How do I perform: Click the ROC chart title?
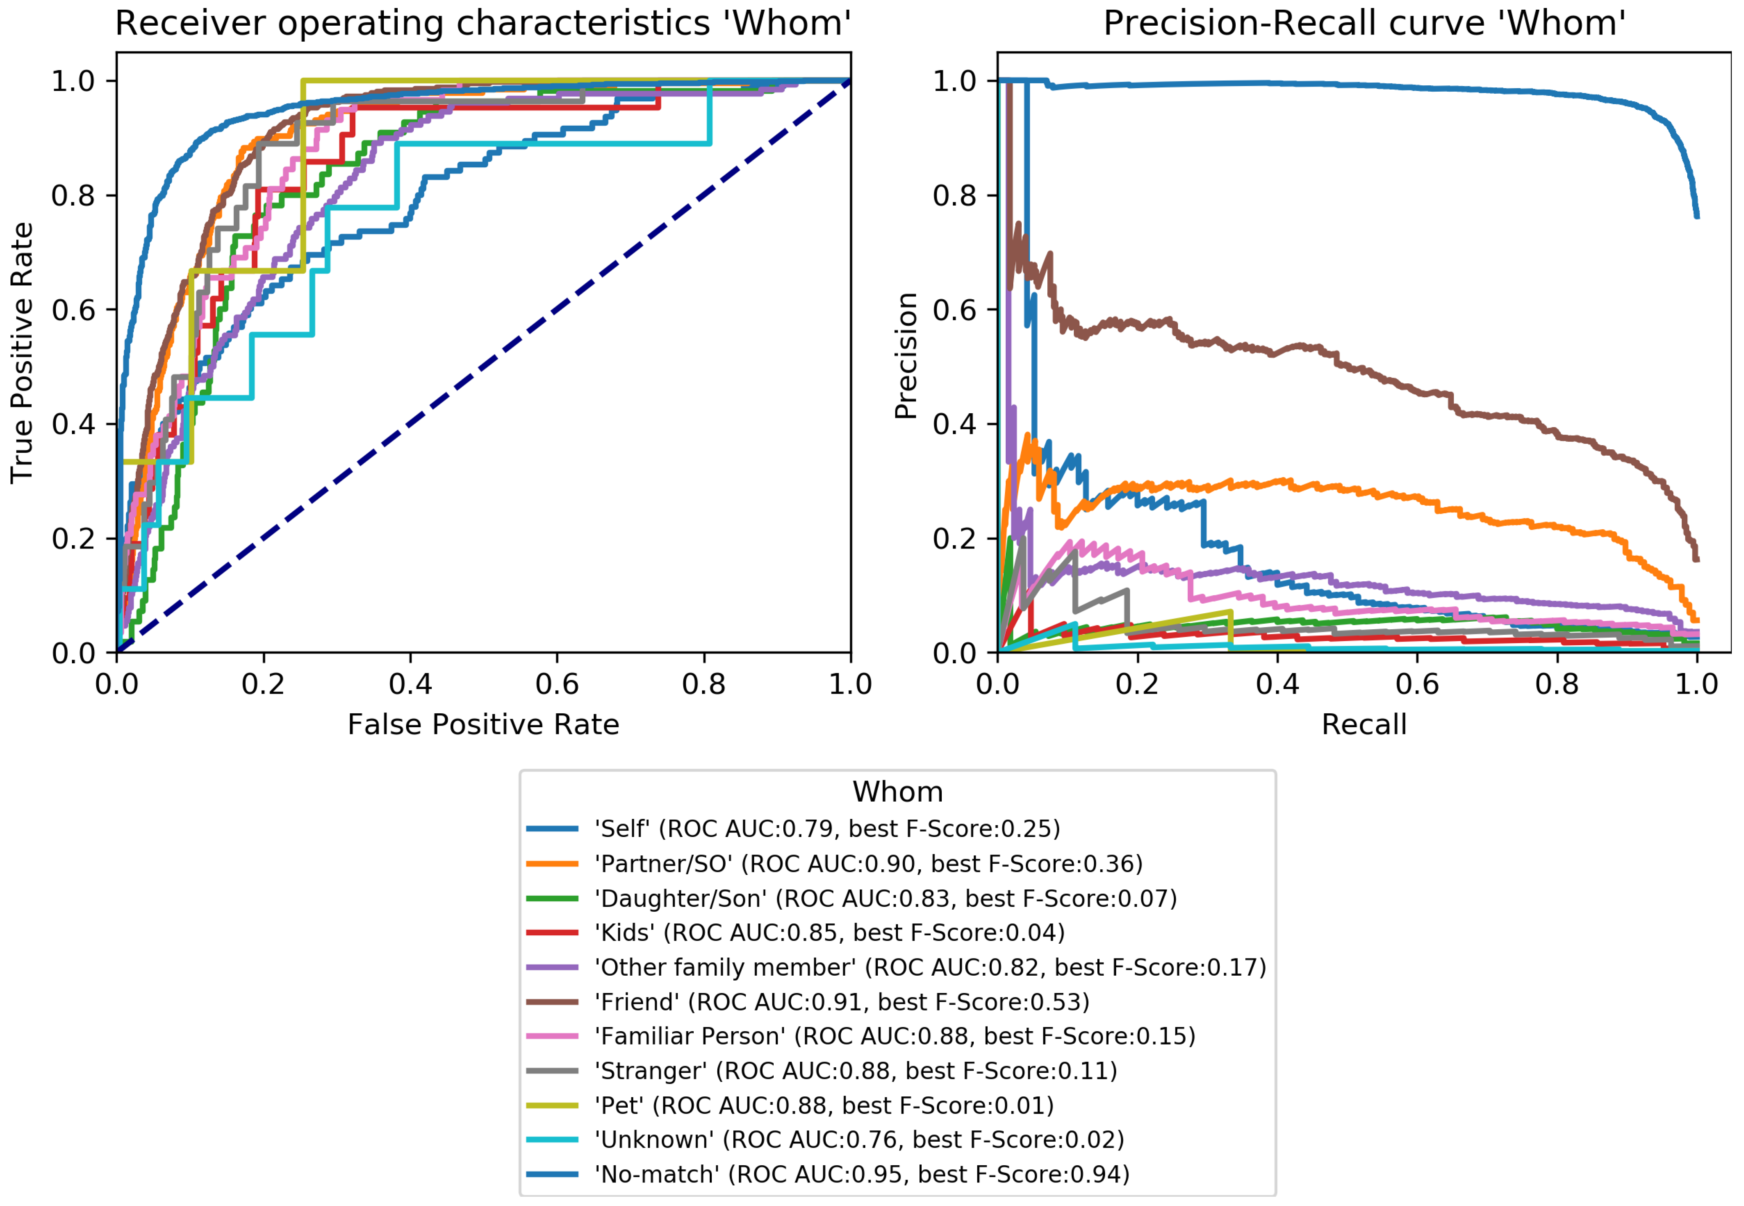tap(483, 24)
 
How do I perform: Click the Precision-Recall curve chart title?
tap(1364, 24)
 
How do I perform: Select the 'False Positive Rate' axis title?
tap(483, 725)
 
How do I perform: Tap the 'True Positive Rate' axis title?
tap(22, 352)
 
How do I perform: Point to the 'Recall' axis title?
tap(1364, 725)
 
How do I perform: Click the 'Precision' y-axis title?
tap(905, 355)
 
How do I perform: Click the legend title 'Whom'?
tap(898, 792)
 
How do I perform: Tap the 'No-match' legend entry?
tap(861, 1174)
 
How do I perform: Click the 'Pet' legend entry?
tap(824, 1106)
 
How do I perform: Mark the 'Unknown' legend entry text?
tap(859, 1140)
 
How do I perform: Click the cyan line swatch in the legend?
tap(552, 1140)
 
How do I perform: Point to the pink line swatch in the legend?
tap(552, 1036)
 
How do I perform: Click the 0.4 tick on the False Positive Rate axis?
tap(410, 685)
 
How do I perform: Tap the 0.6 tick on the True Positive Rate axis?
tap(73, 310)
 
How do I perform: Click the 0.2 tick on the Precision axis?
tap(954, 539)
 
